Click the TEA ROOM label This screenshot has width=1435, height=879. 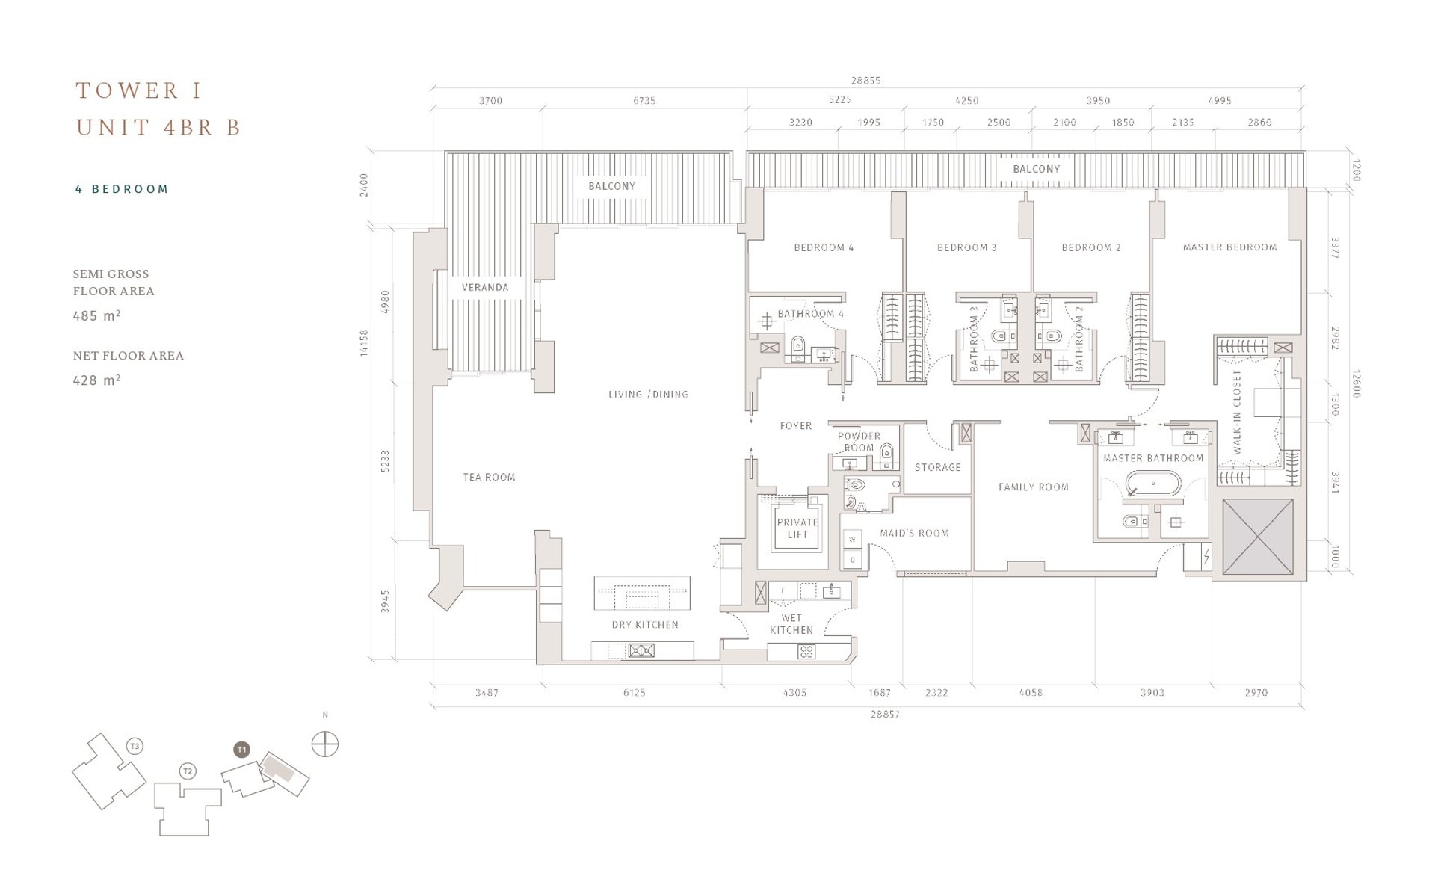tap(489, 477)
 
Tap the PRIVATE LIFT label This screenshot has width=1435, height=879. tap(797, 528)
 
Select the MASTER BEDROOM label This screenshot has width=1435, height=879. tap(1229, 247)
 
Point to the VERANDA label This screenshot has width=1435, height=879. tap(484, 287)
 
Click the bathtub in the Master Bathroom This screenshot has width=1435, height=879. tap(1154, 484)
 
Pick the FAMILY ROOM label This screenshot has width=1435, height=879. tap(1034, 487)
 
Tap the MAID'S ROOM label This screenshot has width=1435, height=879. tap(914, 533)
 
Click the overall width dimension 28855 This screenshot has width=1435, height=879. tap(865, 80)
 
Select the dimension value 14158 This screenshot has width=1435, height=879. tap(364, 343)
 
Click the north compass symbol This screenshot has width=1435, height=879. tap(324, 744)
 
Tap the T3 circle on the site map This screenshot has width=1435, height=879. tap(135, 746)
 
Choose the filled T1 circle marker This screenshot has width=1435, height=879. tap(241, 749)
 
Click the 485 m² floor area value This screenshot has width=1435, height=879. tap(96, 315)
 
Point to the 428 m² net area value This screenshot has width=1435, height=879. tap(96, 380)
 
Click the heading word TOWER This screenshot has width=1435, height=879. tap(128, 90)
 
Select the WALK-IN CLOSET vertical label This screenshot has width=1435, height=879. tap(1236, 412)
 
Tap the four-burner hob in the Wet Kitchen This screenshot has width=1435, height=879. tap(806, 652)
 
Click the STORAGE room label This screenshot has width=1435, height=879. tap(938, 467)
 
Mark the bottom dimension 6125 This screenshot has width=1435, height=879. tap(634, 693)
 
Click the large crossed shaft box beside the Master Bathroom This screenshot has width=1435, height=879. tap(1258, 537)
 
